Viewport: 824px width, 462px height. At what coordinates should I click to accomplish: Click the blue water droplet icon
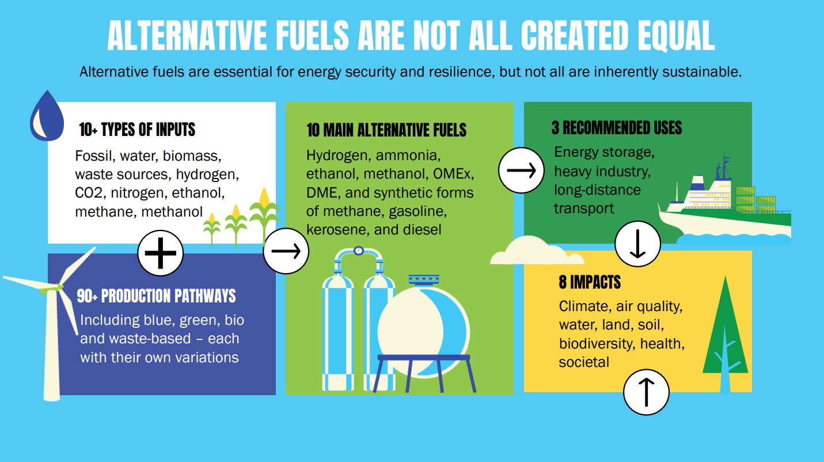[47, 116]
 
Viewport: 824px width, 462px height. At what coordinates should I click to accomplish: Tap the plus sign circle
[161, 253]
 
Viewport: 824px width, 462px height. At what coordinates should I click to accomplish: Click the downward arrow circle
[637, 244]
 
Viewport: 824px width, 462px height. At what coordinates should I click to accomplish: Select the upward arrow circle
[646, 392]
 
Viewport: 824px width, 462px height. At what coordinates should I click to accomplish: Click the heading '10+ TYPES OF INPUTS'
[137, 130]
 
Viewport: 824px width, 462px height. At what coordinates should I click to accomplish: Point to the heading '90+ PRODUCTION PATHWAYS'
[157, 296]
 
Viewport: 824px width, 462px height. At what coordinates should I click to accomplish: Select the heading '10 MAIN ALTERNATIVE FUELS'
[386, 130]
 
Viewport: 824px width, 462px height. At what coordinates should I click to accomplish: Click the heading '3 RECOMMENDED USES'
[617, 128]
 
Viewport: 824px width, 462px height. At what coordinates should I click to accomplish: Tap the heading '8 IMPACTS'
[590, 282]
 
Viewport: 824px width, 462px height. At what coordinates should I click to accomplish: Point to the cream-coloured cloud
[537, 251]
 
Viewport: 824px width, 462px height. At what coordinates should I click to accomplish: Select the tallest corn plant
[264, 217]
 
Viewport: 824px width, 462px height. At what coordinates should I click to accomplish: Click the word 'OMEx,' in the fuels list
[454, 174]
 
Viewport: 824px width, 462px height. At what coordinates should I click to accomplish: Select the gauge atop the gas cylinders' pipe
[359, 251]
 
